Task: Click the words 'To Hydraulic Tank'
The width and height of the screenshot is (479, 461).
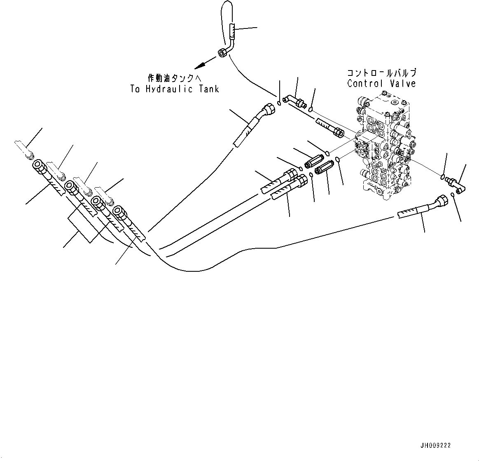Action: [x=175, y=89]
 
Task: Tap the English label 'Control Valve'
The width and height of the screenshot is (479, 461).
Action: [x=381, y=84]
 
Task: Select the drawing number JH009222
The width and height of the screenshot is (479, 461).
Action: [x=435, y=446]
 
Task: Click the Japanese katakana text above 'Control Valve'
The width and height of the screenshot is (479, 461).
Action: [x=381, y=73]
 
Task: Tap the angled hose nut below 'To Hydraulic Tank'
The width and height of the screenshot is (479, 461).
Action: [x=270, y=109]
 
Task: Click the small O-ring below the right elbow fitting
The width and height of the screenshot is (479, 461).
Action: [x=453, y=194]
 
